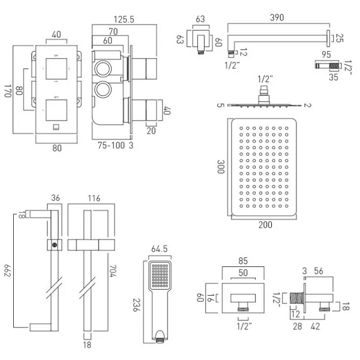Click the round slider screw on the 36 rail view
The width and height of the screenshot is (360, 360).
pos(55,245)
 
